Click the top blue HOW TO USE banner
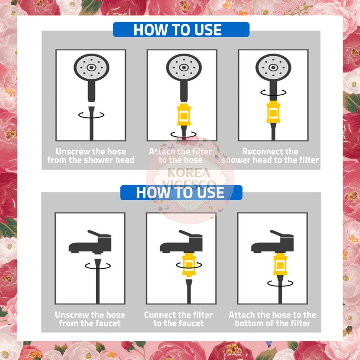pyautogui.click(x=181, y=30)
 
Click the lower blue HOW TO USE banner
pyautogui.click(x=181, y=192)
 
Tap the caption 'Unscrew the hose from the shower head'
pyautogui.click(x=91, y=156)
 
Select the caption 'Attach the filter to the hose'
pyautogui.click(x=180, y=156)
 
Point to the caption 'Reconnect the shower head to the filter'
pyautogui.click(x=270, y=156)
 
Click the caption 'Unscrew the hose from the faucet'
pyautogui.click(x=90, y=319)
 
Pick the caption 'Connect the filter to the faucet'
pyautogui.click(x=178, y=319)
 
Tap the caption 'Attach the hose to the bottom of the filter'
pyautogui.click(x=272, y=319)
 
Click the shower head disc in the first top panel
pyautogui.click(x=91, y=67)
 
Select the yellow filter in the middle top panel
pyautogui.click(x=184, y=115)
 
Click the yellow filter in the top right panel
pyautogui.click(x=273, y=112)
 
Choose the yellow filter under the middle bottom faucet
pyautogui.click(x=189, y=265)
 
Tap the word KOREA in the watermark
pyautogui.click(x=189, y=173)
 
